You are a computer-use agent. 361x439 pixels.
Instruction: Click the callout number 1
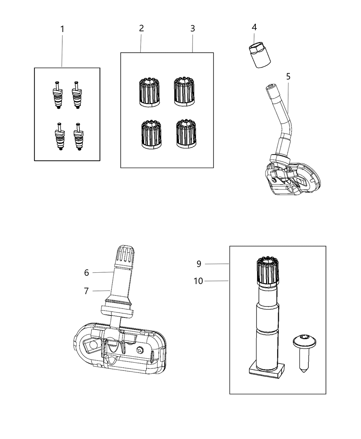[x=62, y=29]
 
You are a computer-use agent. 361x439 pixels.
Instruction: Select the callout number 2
[x=141, y=28]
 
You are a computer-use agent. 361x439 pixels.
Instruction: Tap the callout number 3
[x=193, y=28]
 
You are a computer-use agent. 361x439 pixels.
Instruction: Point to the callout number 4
[x=254, y=27]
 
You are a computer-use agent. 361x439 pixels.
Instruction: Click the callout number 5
[x=288, y=76]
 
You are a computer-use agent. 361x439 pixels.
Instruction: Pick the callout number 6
[x=87, y=273]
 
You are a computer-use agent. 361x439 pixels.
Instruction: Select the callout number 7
[x=87, y=291]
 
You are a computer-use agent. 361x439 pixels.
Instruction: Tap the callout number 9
[x=199, y=264]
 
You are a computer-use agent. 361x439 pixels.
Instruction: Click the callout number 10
[x=198, y=281]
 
